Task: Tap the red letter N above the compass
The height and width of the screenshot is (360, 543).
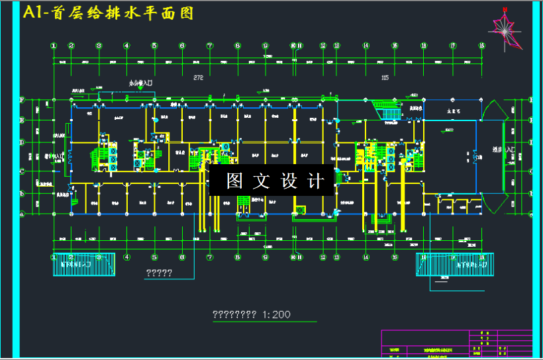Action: [x=505, y=9]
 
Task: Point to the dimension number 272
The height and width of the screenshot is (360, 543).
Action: [x=197, y=78]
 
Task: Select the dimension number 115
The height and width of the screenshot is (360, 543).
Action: [x=385, y=78]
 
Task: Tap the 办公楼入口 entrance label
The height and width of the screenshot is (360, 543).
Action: [x=140, y=83]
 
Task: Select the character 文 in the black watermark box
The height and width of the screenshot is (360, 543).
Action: [x=262, y=181]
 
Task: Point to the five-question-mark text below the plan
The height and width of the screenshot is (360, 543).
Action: [x=159, y=273]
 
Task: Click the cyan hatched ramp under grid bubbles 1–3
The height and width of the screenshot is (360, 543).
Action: [x=84, y=265]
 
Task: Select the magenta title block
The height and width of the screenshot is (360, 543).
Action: [x=457, y=344]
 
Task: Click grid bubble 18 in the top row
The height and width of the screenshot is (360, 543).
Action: [x=481, y=46]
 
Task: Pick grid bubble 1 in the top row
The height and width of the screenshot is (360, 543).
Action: [x=54, y=46]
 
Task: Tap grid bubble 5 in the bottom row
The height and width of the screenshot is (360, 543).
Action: [x=154, y=257]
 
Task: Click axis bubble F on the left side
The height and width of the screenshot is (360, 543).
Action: [x=22, y=101]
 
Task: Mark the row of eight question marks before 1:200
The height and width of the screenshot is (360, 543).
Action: [x=234, y=315]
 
